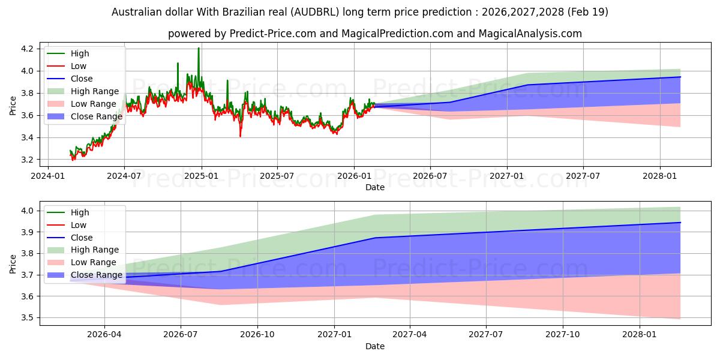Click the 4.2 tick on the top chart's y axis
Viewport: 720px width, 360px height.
click(27, 49)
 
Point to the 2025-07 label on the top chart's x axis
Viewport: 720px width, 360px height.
click(277, 176)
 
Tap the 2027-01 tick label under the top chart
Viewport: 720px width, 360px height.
click(507, 176)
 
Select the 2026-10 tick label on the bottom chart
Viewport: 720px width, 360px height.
click(257, 335)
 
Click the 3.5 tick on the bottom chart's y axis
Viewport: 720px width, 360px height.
click(27, 318)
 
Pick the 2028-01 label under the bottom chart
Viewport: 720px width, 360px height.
click(640, 335)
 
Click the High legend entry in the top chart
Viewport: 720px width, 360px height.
click(68, 53)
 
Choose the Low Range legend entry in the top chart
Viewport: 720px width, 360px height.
click(82, 104)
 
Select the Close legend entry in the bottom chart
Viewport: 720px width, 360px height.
click(70, 238)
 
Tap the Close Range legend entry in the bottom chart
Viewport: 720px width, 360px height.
click(85, 275)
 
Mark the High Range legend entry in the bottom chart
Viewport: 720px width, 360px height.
click(83, 250)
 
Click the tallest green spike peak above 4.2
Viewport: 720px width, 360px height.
click(199, 48)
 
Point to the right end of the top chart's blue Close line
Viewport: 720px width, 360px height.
click(680, 77)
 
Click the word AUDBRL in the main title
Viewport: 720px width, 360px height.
click(315, 12)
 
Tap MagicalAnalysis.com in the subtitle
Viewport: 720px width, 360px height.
click(530, 34)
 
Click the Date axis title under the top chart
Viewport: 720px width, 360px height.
click(375, 187)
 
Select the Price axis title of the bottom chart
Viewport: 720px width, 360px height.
click(13, 264)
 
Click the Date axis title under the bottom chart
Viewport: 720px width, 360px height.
click(375, 346)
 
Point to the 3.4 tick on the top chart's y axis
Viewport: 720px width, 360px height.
click(27, 137)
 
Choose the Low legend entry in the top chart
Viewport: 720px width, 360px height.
click(67, 66)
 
